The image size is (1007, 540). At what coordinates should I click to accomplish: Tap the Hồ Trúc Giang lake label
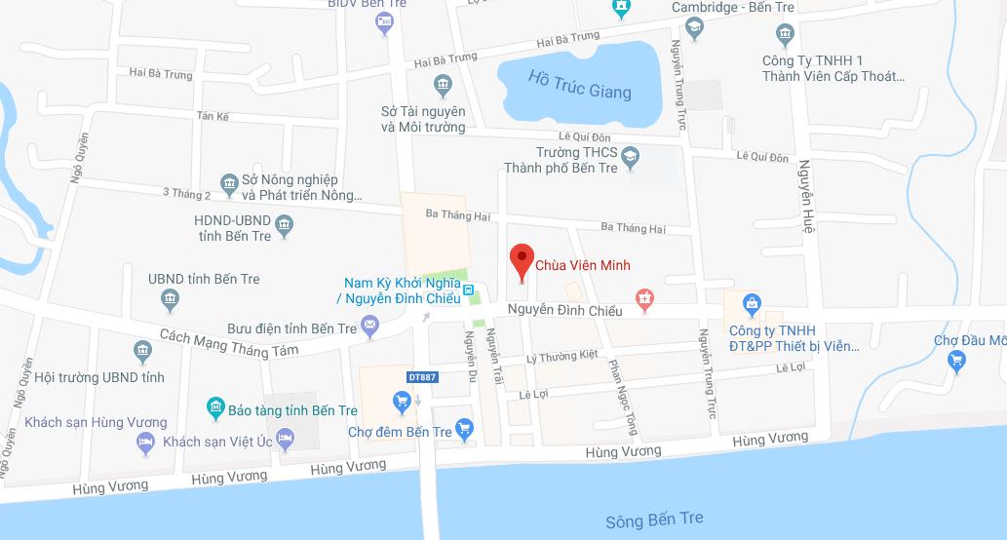pyautogui.click(x=579, y=85)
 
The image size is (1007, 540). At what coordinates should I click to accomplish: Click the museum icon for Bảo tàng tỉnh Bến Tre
pyautogui.click(x=214, y=406)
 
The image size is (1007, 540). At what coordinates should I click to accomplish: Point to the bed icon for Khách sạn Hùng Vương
pyautogui.click(x=145, y=443)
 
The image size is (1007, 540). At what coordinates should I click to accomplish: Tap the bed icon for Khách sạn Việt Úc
pyautogui.click(x=286, y=441)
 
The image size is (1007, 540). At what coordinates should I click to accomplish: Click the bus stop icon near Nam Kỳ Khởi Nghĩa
pyautogui.click(x=469, y=289)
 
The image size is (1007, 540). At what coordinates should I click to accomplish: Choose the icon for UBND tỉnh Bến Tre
pyautogui.click(x=173, y=300)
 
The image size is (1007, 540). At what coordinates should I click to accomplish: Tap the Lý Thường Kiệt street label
pyautogui.click(x=561, y=358)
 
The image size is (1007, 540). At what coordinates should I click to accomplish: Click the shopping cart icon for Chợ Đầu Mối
pyautogui.click(x=956, y=361)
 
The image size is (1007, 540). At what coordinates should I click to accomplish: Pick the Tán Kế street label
pyautogui.click(x=212, y=116)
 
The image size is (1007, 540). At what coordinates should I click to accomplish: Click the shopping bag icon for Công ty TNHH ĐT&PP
pyautogui.click(x=752, y=304)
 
